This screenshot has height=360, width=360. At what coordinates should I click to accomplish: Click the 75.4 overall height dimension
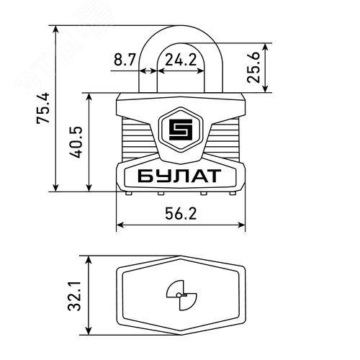coord(43,108)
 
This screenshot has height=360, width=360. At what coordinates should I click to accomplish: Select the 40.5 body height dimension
coord(76,142)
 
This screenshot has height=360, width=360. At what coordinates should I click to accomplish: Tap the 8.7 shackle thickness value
coord(125,60)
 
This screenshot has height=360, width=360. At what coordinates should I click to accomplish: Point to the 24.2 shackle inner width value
coord(181,60)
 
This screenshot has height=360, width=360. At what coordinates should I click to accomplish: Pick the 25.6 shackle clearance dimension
coord(253,68)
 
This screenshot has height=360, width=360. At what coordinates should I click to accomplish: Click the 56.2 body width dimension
coord(181,214)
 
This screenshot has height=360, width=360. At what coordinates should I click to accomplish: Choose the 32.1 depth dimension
coord(74,296)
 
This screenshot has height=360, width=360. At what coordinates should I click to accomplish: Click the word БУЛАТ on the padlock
coord(179,176)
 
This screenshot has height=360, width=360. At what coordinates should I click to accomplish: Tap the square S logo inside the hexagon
coord(181,130)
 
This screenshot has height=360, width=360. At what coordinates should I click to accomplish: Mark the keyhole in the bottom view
coord(181,295)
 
